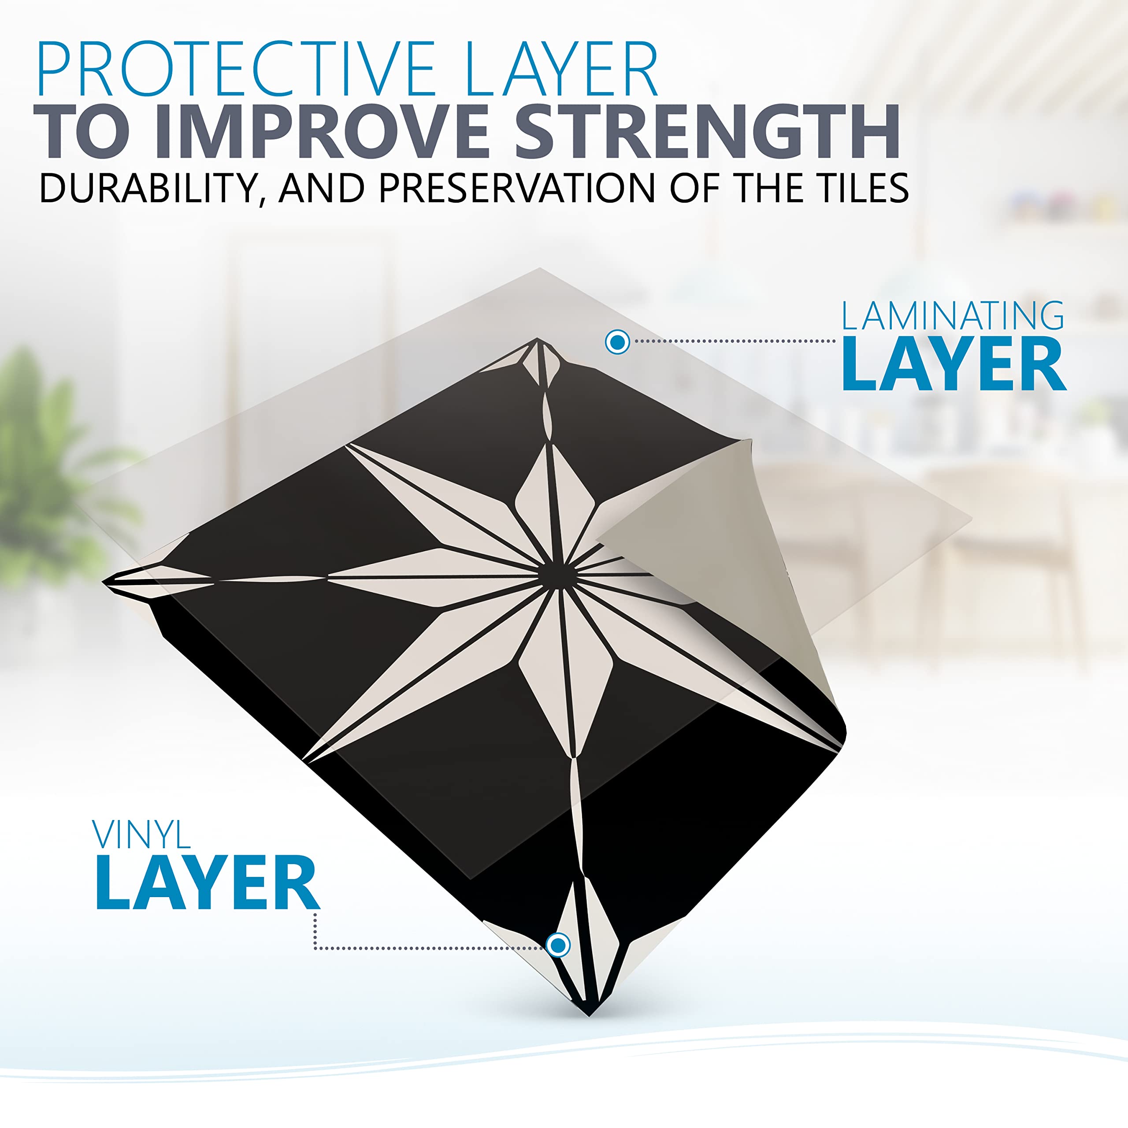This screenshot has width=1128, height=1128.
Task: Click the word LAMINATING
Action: coord(952,316)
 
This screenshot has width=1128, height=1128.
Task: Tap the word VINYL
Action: coord(141,834)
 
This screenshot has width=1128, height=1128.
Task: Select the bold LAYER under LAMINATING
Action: coord(954,364)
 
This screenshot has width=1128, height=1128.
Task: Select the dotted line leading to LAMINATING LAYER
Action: coord(736,341)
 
